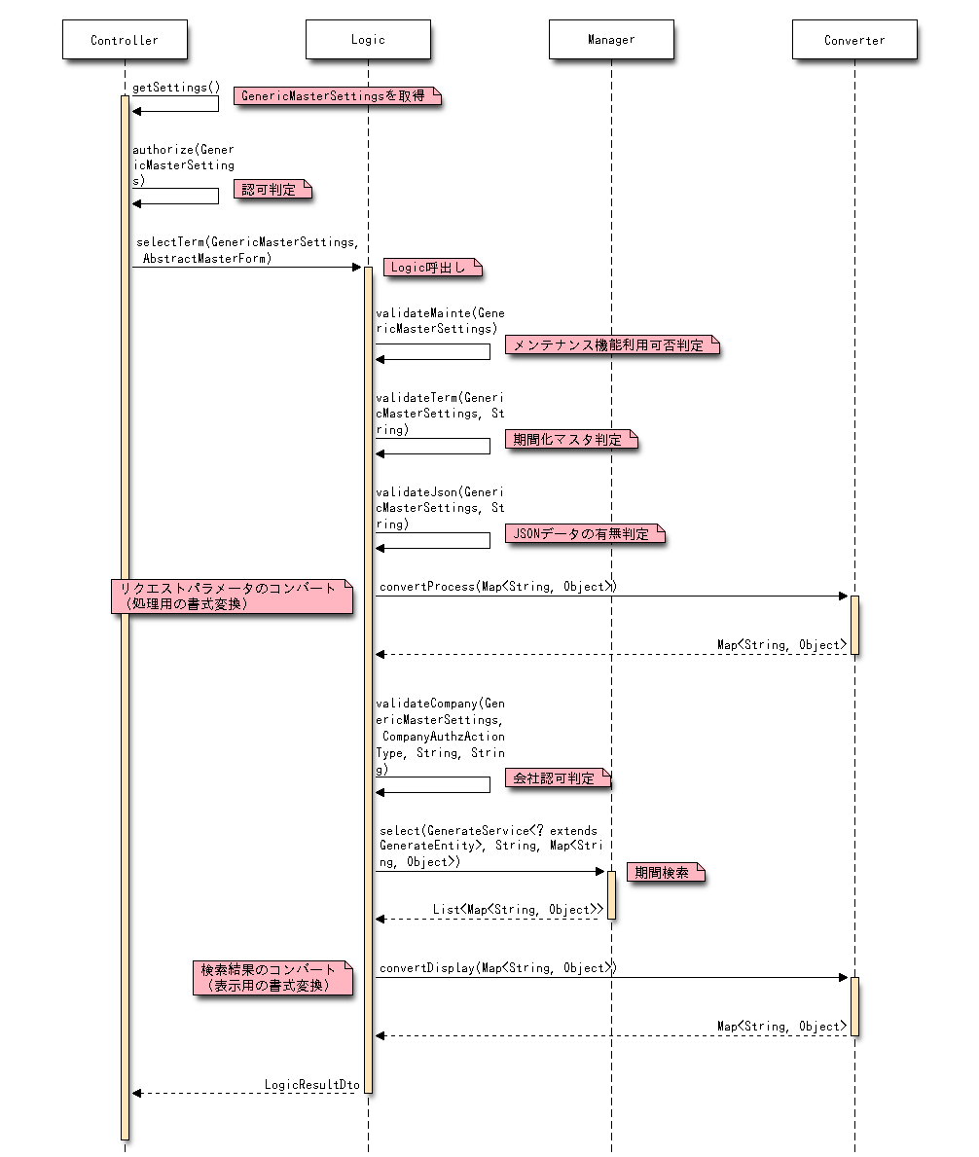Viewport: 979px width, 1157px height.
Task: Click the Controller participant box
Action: tap(125, 40)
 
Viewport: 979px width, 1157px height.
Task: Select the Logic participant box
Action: tap(368, 40)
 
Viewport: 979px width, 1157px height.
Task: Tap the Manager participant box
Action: tap(611, 40)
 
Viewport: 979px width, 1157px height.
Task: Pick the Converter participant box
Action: tap(854, 40)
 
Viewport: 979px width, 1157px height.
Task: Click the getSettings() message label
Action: tap(176, 87)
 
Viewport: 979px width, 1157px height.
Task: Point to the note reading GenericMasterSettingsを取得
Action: tap(337, 96)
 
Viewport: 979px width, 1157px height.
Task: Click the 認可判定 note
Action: tap(271, 190)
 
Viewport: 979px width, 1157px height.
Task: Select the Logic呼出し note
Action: tap(432, 268)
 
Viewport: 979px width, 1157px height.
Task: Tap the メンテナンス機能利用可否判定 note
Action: tap(611, 345)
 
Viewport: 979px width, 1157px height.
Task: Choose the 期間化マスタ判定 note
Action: tap(570, 440)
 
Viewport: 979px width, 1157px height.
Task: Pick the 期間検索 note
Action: tap(665, 873)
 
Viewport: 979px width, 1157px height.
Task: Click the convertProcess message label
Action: tap(497, 587)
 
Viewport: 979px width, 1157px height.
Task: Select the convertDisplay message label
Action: tap(497, 968)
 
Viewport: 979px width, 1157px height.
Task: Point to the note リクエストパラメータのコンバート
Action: tap(231, 596)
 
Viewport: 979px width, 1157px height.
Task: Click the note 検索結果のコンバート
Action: tap(272, 977)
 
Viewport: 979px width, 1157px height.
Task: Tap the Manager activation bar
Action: tap(611, 895)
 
